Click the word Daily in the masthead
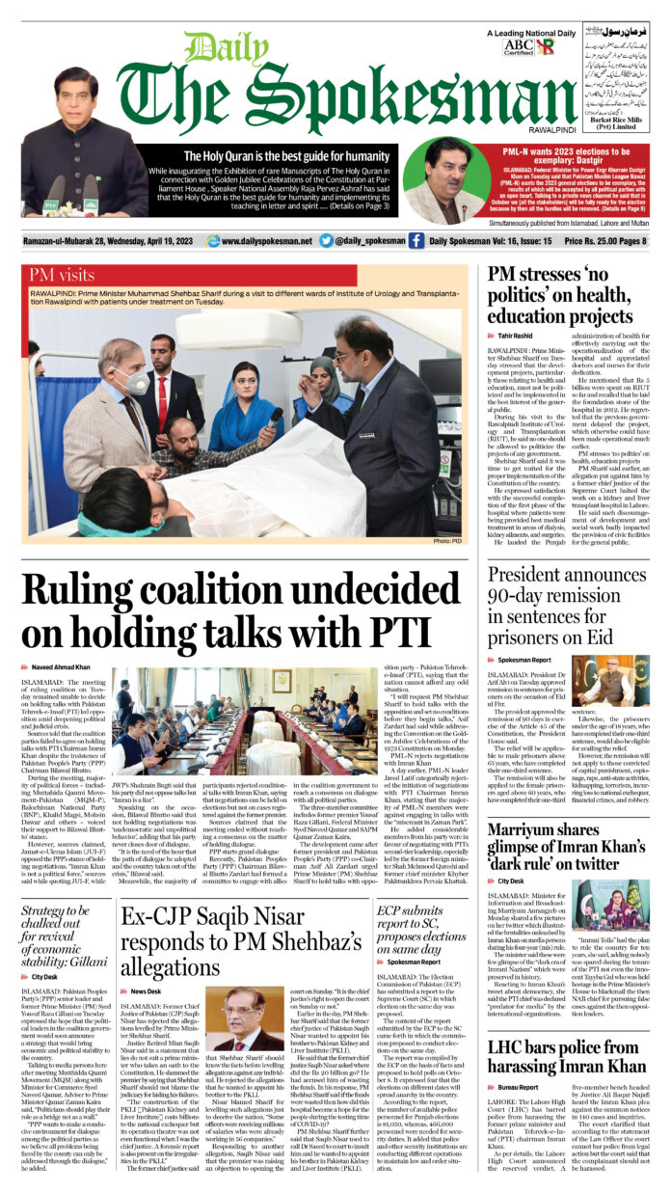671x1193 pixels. [x=213, y=48]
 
